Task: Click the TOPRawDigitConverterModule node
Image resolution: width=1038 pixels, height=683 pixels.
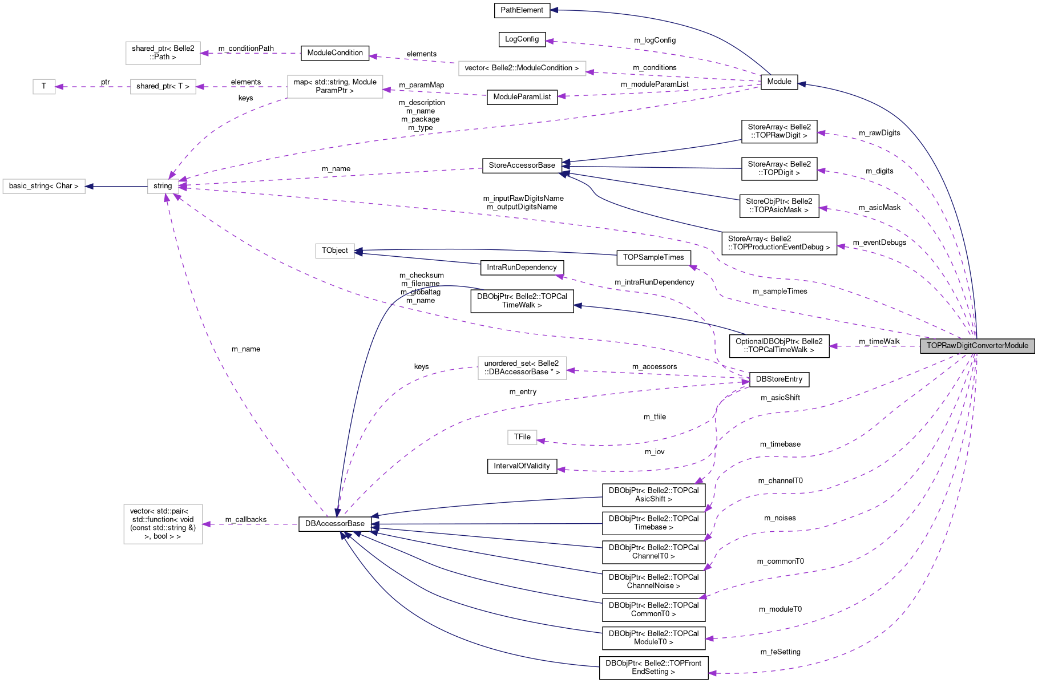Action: pyautogui.click(x=977, y=346)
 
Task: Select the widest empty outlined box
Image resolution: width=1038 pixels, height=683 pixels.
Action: pyautogui.click(x=522, y=68)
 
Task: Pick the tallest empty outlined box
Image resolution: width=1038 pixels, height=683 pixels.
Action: pyautogui.click(x=163, y=524)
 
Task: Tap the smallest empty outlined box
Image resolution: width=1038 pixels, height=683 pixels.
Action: pyautogui.click(x=44, y=87)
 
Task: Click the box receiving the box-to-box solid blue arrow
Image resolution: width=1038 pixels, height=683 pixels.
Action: pyautogui.click(x=44, y=187)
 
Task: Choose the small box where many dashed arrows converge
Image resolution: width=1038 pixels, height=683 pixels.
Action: pyautogui.click(x=163, y=187)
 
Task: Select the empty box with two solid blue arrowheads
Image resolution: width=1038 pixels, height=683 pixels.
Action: pyautogui.click(x=335, y=251)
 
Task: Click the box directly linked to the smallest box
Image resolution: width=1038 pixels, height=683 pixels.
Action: pyautogui.click(x=163, y=87)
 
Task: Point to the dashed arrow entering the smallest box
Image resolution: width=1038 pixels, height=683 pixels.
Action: pyautogui.click(x=91, y=87)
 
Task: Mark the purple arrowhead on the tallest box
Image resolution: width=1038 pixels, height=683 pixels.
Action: pyautogui.click(x=207, y=524)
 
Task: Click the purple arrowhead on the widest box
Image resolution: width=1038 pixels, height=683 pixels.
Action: pyautogui.click(x=591, y=72)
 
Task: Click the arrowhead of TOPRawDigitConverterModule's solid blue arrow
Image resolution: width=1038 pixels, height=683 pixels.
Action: pyautogui.click(x=801, y=84)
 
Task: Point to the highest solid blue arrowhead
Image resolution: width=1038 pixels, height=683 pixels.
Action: pyautogui.click(x=554, y=10)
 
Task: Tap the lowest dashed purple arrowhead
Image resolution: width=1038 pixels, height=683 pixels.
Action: pyautogui.click(x=712, y=673)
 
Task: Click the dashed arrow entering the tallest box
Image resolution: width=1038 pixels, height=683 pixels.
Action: pyautogui.click(x=251, y=524)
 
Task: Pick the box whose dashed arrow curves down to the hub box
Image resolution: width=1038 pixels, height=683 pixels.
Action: pyautogui.click(x=335, y=87)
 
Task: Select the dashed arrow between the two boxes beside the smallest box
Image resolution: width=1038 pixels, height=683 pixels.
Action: pyautogui.click(x=240, y=87)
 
